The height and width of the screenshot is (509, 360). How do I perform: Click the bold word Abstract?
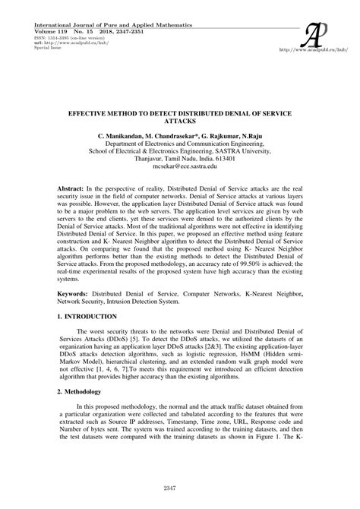[74, 185]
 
